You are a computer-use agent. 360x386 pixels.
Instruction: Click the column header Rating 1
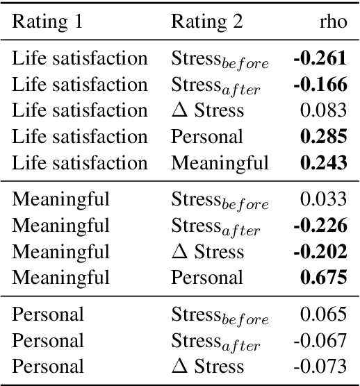click(x=47, y=22)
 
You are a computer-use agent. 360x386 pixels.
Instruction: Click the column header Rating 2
click(x=207, y=22)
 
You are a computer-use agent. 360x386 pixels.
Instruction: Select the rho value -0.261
click(x=320, y=58)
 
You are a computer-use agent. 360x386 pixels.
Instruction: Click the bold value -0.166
click(x=320, y=85)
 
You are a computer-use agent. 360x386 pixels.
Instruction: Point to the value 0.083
click(x=323, y=110)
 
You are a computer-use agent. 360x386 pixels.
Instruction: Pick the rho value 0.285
click(x=323, y=137)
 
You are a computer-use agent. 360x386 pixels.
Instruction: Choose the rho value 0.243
click(x=323, y=163)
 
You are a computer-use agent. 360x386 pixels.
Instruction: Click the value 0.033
click(x=323, y=200)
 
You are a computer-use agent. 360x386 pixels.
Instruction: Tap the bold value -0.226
click(x=320, y=226)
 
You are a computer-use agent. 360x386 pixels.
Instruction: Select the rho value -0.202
click(x=320, y=252)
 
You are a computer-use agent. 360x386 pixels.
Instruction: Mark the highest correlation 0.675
click(x=323, y=278)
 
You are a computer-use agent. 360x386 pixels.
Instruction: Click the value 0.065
click(x=323, y=314)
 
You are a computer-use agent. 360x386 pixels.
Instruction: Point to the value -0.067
click(x=321, y=341)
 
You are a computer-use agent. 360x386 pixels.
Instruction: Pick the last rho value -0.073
click(x=321, y=367)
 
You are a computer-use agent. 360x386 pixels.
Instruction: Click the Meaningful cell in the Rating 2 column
click(x=220, y=163)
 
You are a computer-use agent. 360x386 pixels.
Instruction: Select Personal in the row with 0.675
click(x=207, y=278)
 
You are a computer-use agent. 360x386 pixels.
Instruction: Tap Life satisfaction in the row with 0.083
click(x=80, y=110)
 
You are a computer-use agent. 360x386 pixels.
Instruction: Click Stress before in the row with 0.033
click(x=220, y=201)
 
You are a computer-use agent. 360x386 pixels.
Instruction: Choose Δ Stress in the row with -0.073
click(x=207, y=367)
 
